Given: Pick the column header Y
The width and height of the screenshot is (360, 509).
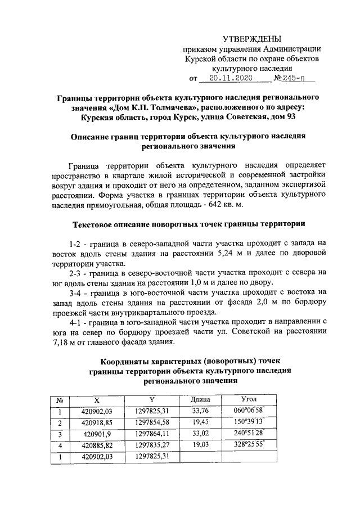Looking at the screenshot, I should click(x=152, y=399).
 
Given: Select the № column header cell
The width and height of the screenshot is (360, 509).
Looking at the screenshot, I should click(x=59, y=400).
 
